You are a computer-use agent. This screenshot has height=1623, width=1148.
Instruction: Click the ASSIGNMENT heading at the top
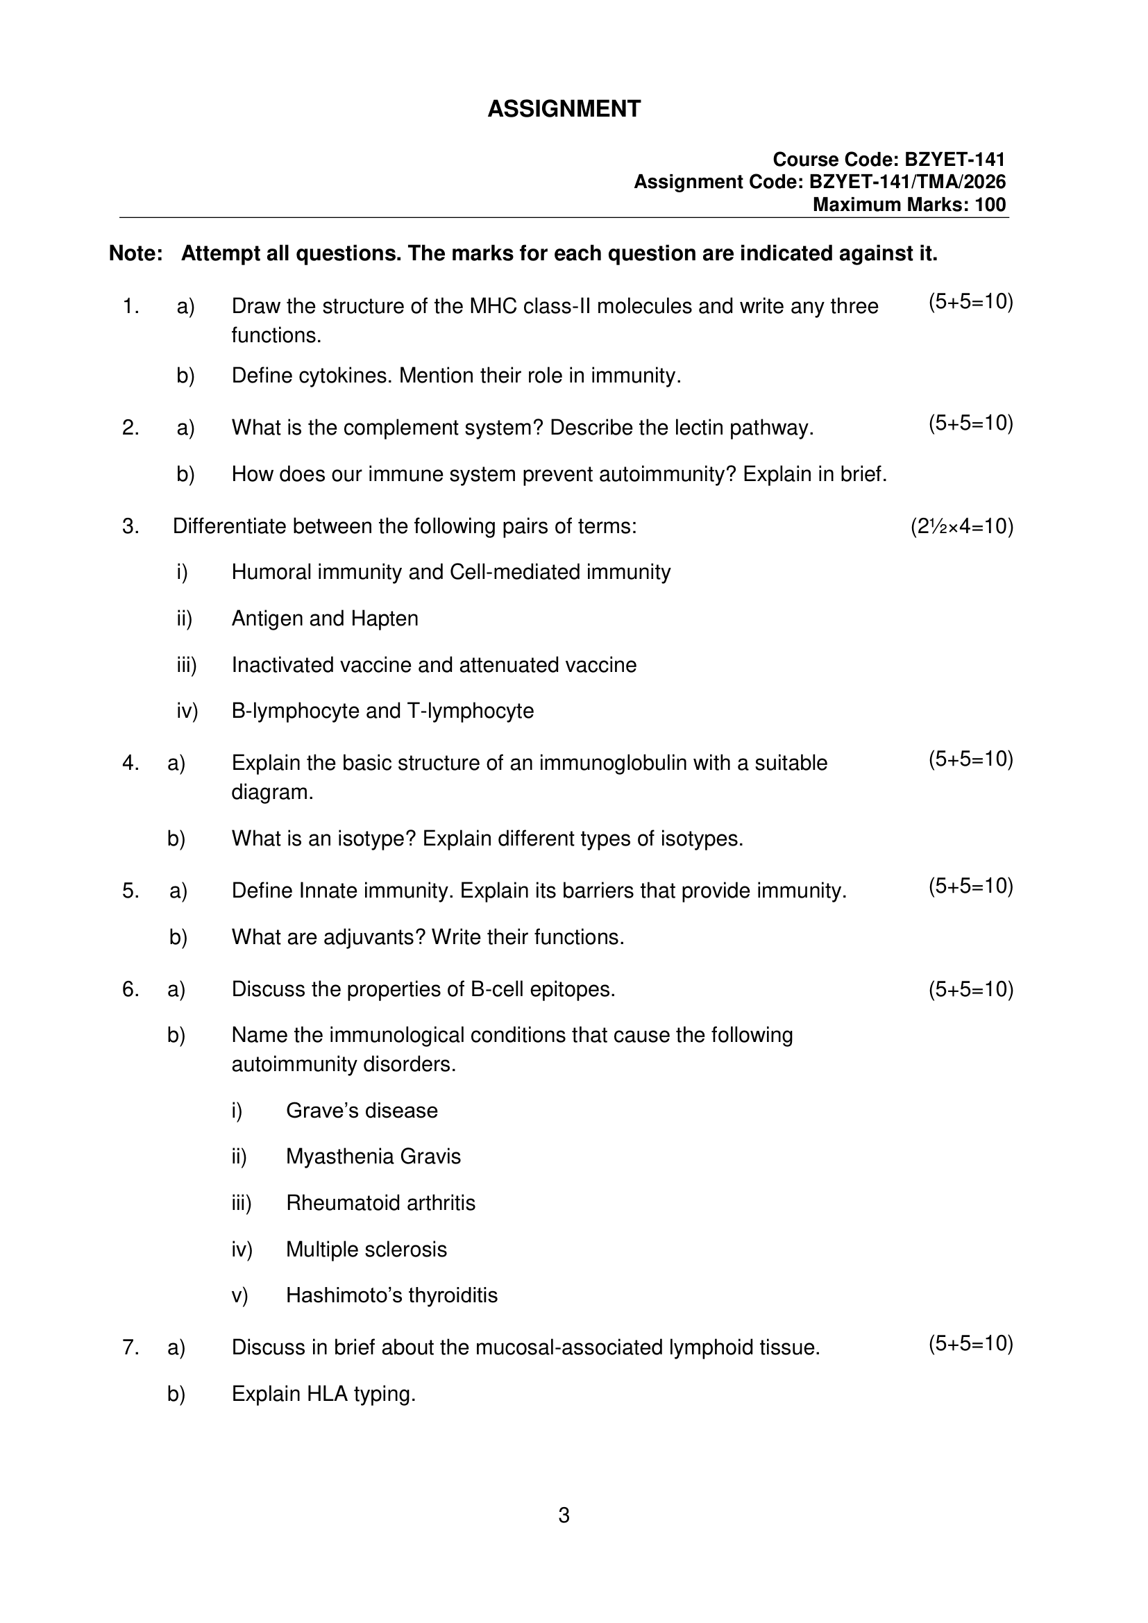pyautogui.click(x=564, y=109)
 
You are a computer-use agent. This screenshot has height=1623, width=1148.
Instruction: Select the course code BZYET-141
pyautogui.click(x=954, y=160)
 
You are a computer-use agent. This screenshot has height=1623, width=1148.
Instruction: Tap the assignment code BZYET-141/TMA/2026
pyautogui.click(x=907, y=183)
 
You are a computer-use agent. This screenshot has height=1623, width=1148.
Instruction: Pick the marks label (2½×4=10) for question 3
pyautogui.click(x=961, y=527)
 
